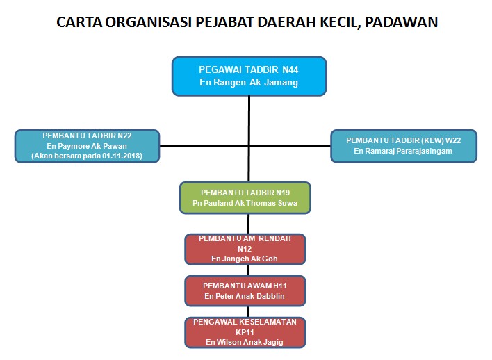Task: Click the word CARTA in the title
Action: (78, 22)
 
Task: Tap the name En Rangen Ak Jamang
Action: (249, 83)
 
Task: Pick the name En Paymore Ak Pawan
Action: (88, 147)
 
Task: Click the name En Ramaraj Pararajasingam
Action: (403, 151)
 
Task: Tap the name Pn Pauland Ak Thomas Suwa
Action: (245, 204)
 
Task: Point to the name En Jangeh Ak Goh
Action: (245, 258)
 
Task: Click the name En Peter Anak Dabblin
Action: (245, 296)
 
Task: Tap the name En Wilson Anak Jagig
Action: (245, 342)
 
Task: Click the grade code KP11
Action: (245, 332)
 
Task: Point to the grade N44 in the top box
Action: (290, 70)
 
